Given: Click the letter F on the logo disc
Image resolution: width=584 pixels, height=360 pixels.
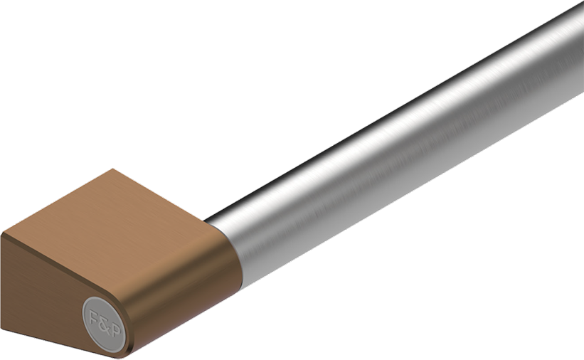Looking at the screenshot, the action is [94, 317].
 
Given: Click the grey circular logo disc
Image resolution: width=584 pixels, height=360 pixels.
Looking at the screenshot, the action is [104, 324].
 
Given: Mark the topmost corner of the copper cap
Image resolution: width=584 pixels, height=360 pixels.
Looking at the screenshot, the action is [113, 169].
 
